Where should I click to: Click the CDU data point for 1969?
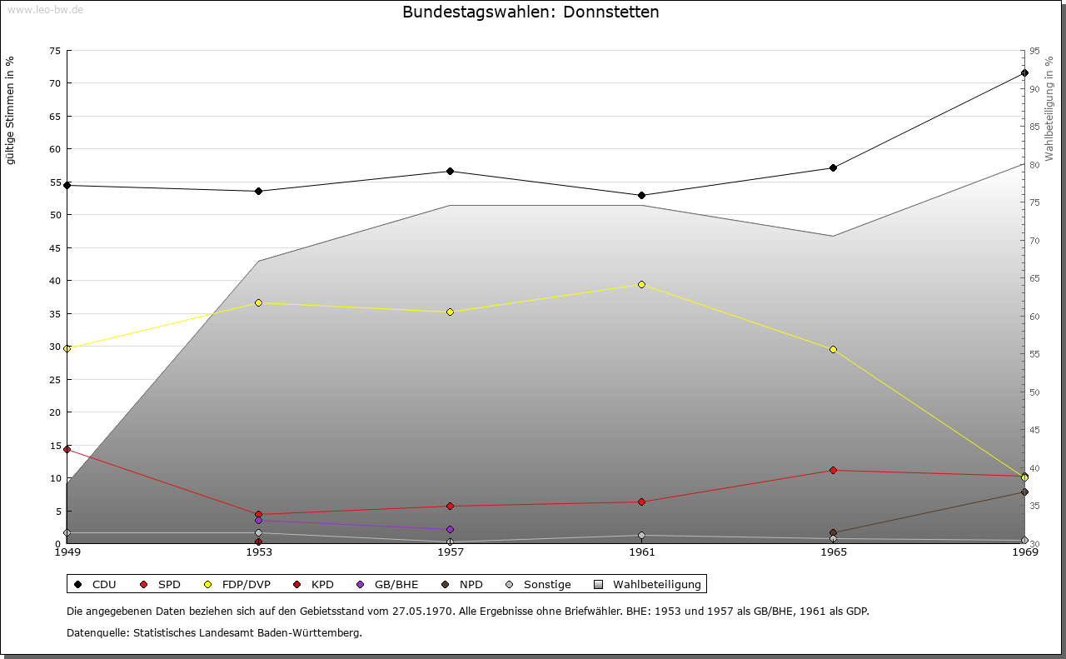point(1024,73)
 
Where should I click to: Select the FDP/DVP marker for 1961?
point(641,285)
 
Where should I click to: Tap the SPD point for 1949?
point(67,450)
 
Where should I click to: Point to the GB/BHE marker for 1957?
point(450,530)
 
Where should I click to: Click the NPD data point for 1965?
point(833,533)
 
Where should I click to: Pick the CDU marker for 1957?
point(450,172)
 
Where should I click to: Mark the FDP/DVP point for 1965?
point(833,350)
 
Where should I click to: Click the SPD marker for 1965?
point(833,471)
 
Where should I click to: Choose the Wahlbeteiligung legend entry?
point(649,585)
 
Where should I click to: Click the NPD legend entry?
point(463,585)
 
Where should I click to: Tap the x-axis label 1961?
point(641,552)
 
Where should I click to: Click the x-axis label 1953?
point(258,552)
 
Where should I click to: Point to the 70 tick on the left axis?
point(55,83)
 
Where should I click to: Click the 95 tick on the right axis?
point(1034,51)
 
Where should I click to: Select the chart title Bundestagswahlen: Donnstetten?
point(531,12)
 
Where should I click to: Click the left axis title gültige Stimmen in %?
point(11,110)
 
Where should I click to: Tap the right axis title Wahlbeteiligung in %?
point(1049,108)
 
